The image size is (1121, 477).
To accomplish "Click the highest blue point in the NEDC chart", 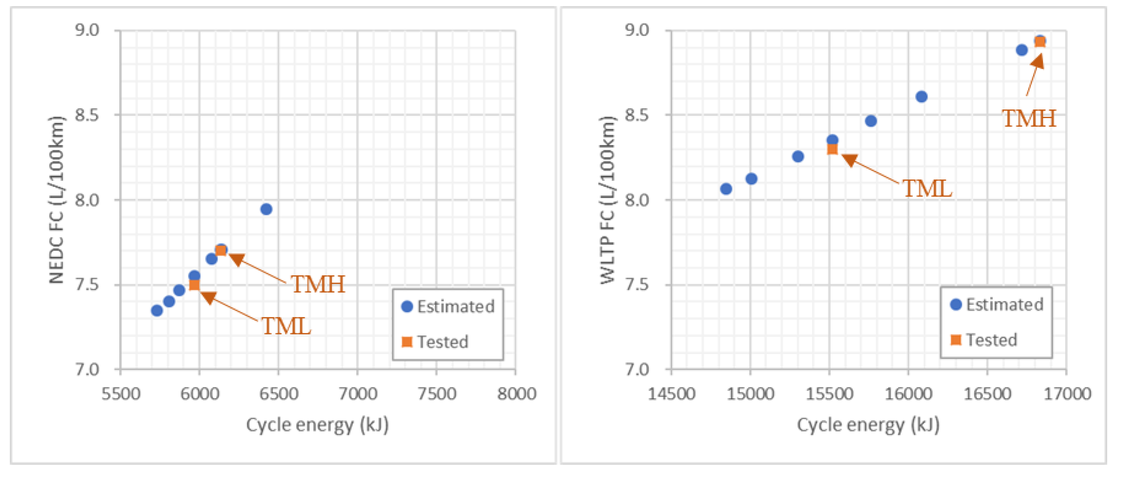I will click(x=266, y=209).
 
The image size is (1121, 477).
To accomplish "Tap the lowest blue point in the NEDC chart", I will click(x=157, y=310).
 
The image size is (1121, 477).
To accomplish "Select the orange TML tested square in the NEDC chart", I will click(x=194, y=285).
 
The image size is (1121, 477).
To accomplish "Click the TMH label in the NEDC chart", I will click(x=318, y=284).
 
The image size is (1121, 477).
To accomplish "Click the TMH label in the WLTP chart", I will click(x=1029, y=118).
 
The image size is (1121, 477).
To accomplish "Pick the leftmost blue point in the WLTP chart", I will click(x=726, y=189).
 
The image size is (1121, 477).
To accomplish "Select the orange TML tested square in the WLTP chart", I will click(x=832, y=149).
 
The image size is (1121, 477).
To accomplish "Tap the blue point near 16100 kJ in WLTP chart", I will click(x=921, y=97).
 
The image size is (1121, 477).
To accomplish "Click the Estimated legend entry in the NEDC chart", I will click(x=448, y=306).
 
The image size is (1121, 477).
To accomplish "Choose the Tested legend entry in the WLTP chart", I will click(x=984, y=340).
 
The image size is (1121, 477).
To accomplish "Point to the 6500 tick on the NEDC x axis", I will click(x=279, y=394).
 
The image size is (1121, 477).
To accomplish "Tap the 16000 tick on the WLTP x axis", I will click(x=908, y=394).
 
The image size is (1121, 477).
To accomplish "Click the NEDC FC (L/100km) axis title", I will click(x=57, y=200).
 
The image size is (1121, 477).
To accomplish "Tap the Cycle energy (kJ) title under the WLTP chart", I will click(x=868, y=425).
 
